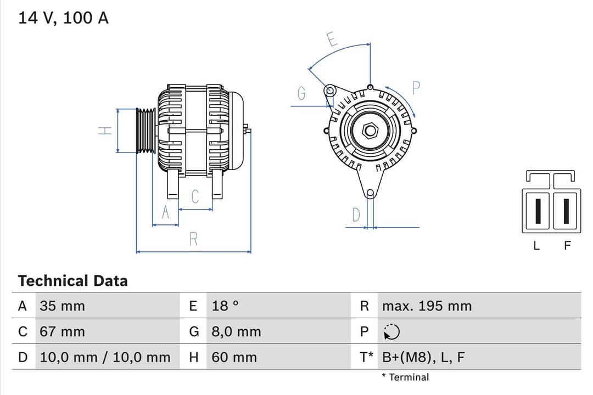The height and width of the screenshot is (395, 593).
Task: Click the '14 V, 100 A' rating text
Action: coord(63,18)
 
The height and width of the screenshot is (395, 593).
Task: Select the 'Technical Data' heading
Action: coord(72,281)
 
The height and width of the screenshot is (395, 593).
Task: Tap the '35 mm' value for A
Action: coord(62,306)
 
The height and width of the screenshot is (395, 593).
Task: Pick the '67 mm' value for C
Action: coord(62,332)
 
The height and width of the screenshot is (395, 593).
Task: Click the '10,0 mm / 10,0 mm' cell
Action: coord(105,358)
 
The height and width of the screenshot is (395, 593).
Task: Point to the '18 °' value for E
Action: coord(225,306)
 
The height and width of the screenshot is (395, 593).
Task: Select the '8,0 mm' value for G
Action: coord(236,332)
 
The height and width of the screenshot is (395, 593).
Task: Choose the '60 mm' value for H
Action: coord(234,358)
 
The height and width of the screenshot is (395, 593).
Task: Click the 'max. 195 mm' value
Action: coord(427,306)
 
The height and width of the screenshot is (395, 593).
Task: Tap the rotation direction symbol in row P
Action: coord(391,332)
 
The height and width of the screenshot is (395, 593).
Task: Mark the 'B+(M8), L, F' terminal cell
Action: coord(423,358)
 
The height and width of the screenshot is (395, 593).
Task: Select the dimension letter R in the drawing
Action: coord(193,239)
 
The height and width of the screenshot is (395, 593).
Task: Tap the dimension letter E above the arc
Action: coord(332,39)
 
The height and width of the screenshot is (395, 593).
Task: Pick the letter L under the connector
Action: coord(536,246)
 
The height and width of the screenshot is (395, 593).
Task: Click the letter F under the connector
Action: coord(567,246)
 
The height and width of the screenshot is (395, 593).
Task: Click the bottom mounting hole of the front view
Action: coord(370,193)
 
